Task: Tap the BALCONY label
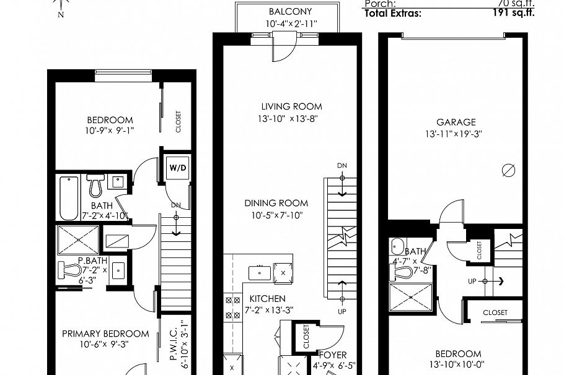tap(290, 12)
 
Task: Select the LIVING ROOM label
tap(291, 106)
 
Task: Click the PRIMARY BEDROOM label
tap(105, 334)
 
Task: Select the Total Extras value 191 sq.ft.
tap(514, 12)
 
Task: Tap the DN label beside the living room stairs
tap(342, 165)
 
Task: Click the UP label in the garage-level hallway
tap(472, 280)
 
